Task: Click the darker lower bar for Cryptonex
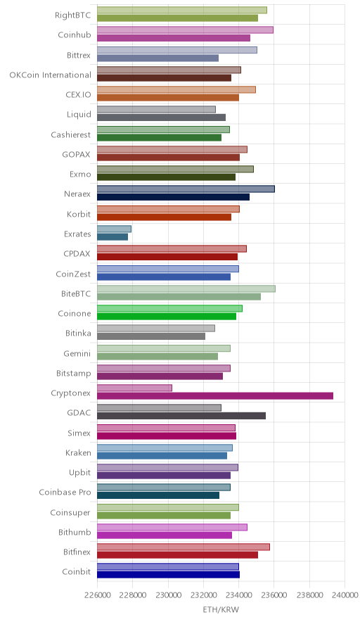tap(215, 396)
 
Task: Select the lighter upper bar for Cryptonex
tap(134, 388)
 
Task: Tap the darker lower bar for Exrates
tap(112, 237)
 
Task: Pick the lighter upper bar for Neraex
tap(186, 189)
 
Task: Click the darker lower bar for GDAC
tap(181, 416)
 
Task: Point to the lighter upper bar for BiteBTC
tap(186, 288)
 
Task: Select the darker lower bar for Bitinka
tap(151, 336)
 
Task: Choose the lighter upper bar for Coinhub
tap(185, 30)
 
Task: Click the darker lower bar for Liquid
tap(161, 118)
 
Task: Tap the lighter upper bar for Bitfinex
tap(184, 547)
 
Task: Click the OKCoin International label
tap(51, 75)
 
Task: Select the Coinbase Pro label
tap(65, 493)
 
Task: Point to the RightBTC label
tap(73, 15)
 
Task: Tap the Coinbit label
tap(77, 571)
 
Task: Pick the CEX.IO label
tap(78, 95)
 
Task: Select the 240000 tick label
tap(345, 595)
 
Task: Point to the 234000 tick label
tap(238, 595)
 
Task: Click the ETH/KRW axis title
tap(221, 610)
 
